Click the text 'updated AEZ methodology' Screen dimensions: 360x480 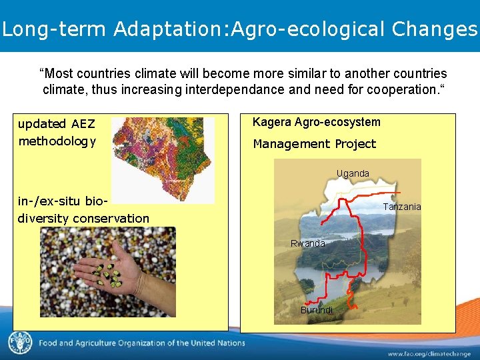[x=57, y=132]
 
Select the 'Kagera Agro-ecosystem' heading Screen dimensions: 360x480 [x=316, y=122]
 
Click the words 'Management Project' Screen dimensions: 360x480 [x=314, y=144]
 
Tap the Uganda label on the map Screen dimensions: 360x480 [x=353, y=173]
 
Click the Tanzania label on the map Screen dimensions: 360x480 [x=401, y=207]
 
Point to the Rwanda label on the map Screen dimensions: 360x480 [x=307, y=243]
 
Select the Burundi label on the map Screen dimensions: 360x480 [x=316, y=310]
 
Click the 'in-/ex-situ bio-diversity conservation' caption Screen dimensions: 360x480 [x=83, y=209]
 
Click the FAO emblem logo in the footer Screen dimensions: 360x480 [x=20, y=343]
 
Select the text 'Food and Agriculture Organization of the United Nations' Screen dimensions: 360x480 [x=141, y=343]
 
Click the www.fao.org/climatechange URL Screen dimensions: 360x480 [x=427, y=353]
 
